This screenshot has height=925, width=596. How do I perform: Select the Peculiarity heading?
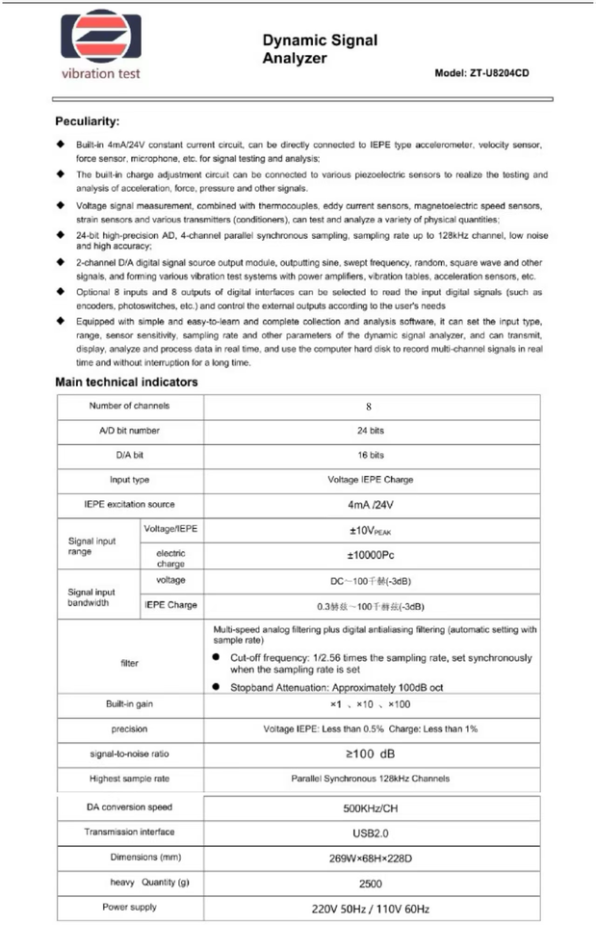tap(88, 122)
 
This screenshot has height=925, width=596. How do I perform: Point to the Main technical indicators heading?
tap(127, 382)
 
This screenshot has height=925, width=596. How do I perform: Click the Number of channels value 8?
tap(368, 407)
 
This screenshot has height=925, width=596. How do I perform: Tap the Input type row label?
tap(130, 479)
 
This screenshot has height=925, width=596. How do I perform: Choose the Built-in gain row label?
tap(130, 704)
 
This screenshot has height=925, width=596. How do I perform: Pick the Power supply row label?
tap(130, 908)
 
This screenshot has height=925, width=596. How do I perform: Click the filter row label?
tap(130, 663)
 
